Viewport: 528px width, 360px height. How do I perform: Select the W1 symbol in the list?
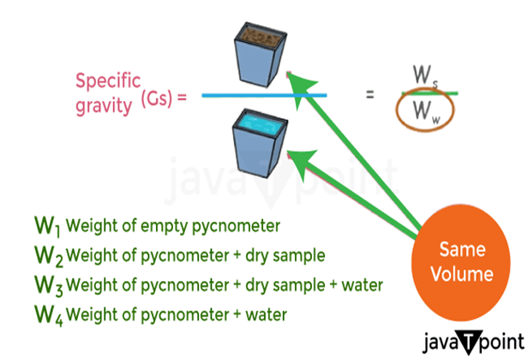(x=46, y=227)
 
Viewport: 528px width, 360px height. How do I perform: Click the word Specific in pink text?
(x=107, y=81)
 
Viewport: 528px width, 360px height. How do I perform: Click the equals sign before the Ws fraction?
(x=369, y=94)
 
